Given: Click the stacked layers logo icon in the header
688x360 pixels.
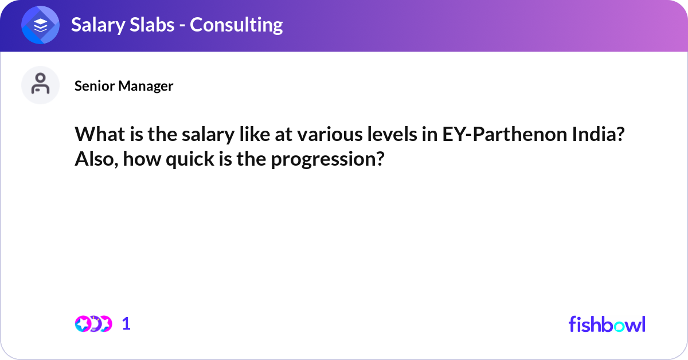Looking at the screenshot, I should coord(41,25).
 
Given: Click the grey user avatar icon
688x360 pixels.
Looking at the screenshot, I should coord(41,85).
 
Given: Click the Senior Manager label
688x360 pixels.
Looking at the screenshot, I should coord(124,86).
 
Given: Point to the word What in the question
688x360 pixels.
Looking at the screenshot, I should coord(96,135).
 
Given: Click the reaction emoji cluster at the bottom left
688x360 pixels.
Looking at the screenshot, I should coord(93,324).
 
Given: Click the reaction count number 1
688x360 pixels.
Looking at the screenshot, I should coord(126,324).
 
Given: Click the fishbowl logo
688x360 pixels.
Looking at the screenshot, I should coord(607,324).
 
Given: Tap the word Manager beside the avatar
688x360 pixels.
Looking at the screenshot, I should coord(146,86).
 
